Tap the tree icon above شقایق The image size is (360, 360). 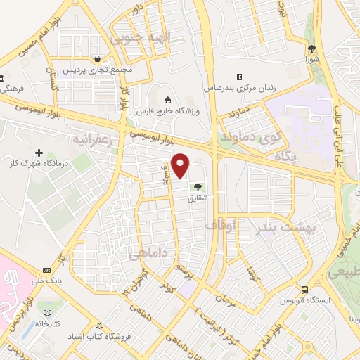click(198, 188)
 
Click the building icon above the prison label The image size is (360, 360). click(239, 77)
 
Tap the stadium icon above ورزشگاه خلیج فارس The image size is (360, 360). click(167, 99)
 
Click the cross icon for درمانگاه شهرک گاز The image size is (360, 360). click(39, 153)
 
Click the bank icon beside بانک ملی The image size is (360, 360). click(46, 270)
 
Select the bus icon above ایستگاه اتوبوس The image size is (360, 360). click(304, 289)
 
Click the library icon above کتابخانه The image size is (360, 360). click(47, 314)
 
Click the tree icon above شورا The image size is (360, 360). click(311, 49)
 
